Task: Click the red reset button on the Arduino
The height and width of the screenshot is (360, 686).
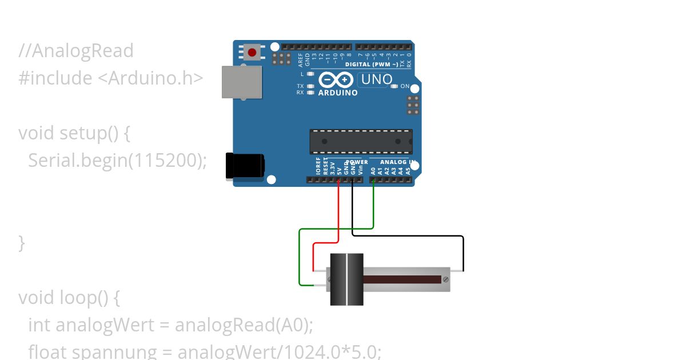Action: pyautogui.click(x=252, y=53)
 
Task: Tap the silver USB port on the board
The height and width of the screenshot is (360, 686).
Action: pyautogui.click(x=242, y=82)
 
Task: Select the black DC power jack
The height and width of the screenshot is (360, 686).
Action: pyautogui.click(x=245, y=165)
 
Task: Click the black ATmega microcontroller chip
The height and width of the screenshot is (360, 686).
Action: pyautogui.click(x=361, y=141)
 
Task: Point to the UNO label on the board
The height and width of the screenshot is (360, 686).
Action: pyautogui.click(x=377, y=79)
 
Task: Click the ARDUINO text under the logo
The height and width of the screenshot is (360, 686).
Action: pyautogui.click(x=338, y=93)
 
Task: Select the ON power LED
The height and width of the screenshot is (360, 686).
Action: pyautogui.click(x=394, y=86)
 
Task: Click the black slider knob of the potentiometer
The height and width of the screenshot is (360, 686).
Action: pyautogui.click(x=346, y=279)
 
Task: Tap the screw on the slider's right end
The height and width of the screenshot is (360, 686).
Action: pyautogui.click(x=446, y=279)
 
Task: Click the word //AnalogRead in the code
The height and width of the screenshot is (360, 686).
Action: pyautogui.click(x=76, y=51)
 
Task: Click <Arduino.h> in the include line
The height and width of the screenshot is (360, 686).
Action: pyautogui.click(x=151, y=78)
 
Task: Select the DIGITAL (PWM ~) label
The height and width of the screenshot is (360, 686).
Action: pyautogui.click(x=373, y=65)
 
